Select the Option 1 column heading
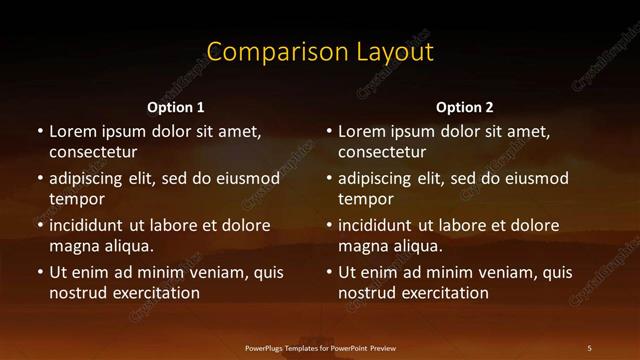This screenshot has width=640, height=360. [176, 107]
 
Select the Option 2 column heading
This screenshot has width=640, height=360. [465, 107]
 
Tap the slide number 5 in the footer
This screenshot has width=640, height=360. [589, 348]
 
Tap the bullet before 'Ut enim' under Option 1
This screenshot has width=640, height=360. [40, 272]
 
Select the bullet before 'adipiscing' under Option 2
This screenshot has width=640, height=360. [329, 178]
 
